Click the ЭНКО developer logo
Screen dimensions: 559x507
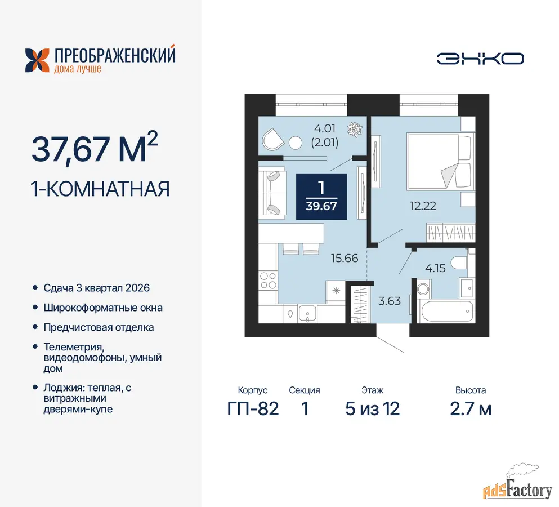coord(480,59)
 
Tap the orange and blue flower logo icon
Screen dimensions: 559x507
coord(37,60)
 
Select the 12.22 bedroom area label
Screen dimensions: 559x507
coord(423,206)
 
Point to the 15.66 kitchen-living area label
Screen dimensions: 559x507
coord(345,258)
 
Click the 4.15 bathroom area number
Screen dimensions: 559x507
coord(435,268)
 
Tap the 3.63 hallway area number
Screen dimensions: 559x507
coord(390,301)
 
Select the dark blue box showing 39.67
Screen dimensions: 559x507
coord(321,196)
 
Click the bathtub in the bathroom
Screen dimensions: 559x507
coord(447,311)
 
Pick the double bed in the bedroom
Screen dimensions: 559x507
coord(440,161)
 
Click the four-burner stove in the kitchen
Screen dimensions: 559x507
coord(268,281)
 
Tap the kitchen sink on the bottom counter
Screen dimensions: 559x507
coord(307,314)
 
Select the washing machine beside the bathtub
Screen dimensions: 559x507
coord(423,288)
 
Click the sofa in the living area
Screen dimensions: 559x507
coord(272,193)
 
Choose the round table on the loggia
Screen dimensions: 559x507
coord(295,143)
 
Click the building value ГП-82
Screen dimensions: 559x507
coord(253,409)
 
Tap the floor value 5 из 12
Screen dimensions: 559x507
coord(373,409)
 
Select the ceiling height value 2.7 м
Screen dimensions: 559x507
coord(471,409)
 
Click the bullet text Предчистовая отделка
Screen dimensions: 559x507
coord(99,327)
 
